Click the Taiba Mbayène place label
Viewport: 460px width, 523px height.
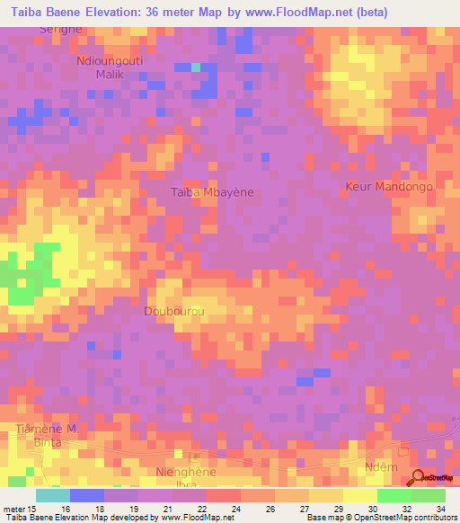coord(212,192)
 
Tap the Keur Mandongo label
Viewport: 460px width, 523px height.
coord(389,187)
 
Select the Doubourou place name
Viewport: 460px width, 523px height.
coord(171,311)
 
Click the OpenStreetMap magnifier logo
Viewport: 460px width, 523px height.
coord(419,477)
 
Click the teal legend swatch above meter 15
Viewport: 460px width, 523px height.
coord(53,495)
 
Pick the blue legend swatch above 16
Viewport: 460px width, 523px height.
coord(87,495)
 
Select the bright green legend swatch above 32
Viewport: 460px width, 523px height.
coord(394,495)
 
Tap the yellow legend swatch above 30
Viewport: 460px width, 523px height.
coord(360,495)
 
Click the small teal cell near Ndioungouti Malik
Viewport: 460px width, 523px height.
coord(195,66)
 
